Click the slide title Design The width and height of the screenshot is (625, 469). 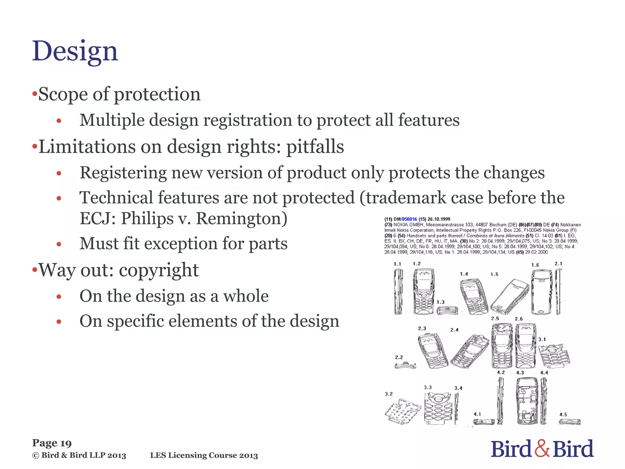click(x=75, y=51)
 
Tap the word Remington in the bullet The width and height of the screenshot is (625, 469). click(x=241, y=219)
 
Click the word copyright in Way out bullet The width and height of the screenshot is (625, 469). click(x=159, y=271)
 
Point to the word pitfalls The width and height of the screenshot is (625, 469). click(x=315, y=147)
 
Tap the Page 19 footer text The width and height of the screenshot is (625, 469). click(x=52, y=443)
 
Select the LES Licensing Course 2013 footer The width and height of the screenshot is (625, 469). click(x=204, y=456)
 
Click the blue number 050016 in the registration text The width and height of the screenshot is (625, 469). click(x=409, y=219)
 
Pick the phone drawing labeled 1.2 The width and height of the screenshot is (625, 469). click(x=424, y=292)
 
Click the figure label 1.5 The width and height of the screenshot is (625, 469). click(x=494, y=274)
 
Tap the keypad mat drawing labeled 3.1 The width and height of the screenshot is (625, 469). click(x=554, y=356)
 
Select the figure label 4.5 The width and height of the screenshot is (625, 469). click(x=563, y=415)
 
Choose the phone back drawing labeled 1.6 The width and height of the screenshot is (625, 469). click(x=542, y=292)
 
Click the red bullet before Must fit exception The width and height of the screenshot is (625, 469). click(x=59, y=244)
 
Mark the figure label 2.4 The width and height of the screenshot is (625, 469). click(x=454, y=330)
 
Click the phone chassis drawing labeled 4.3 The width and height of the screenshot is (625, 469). click(x=527, y=401)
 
